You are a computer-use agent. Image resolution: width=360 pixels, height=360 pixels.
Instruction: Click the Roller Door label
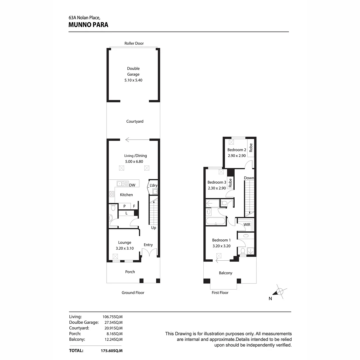point(134,43)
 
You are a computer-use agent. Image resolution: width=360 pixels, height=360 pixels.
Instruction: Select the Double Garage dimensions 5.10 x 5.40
point(133,80)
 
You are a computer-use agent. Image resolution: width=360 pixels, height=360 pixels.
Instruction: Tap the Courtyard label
point(135,121)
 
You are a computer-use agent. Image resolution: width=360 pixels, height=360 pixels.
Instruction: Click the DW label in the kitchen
point(132,185)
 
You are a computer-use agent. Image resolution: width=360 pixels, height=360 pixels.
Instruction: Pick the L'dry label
point(153,185)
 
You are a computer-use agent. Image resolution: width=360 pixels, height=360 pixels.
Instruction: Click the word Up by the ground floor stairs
point(154,228)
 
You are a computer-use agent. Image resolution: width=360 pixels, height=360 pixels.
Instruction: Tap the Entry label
point(148,245)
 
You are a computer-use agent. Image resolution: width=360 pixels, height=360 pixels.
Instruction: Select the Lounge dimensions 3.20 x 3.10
point(124,248)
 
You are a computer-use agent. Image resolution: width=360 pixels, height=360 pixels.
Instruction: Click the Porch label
point(130,272)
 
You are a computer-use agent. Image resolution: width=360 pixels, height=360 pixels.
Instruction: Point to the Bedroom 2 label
point(237,150)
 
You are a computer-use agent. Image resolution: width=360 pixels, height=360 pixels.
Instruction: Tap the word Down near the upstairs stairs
point(249,178)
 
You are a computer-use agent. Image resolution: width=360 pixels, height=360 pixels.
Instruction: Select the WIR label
point(247,225)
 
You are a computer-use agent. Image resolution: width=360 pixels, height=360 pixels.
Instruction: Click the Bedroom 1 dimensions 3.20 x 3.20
point(221,246)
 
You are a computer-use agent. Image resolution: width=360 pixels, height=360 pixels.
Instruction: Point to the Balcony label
point(225,273)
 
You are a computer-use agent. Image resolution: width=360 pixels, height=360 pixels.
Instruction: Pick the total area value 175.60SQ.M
point(112,351)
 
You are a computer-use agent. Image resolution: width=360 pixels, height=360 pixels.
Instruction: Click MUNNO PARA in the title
point(88,25)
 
